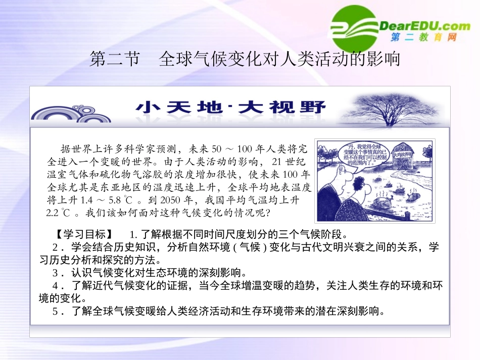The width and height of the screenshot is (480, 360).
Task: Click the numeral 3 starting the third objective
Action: click(x=56, y=273)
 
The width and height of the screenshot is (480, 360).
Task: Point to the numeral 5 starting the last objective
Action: click(x=56, y=311)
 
